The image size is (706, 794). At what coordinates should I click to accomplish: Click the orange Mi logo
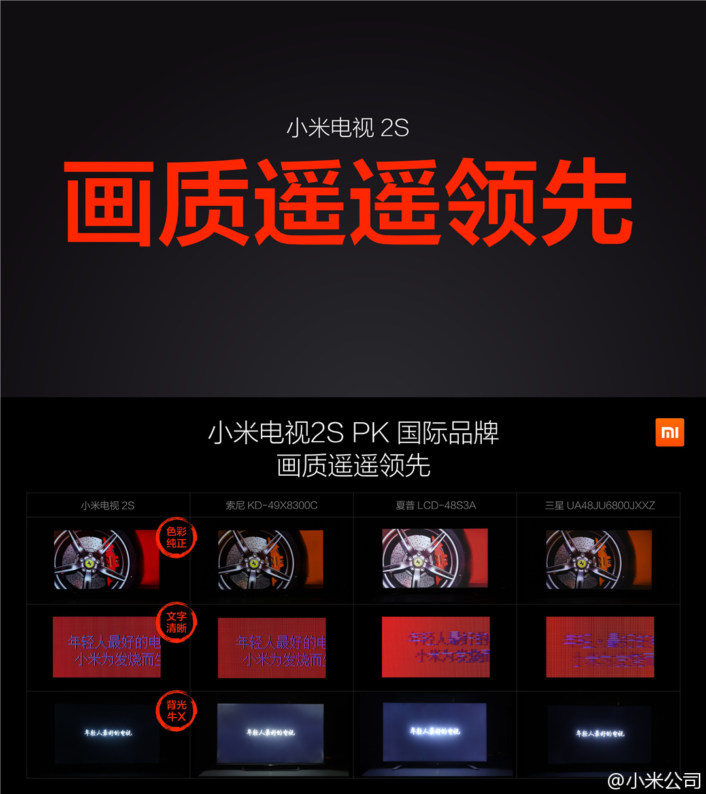669,433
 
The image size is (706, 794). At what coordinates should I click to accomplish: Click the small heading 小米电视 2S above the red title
347,127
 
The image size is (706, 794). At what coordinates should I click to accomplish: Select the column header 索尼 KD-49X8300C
271,505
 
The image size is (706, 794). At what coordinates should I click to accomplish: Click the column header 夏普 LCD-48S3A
435,505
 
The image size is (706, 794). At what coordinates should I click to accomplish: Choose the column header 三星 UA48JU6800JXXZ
599,505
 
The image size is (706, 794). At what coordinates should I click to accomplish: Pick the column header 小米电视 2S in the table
107,505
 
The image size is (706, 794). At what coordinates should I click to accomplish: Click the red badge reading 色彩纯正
176,537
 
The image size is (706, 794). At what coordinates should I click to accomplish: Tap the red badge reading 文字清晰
176,622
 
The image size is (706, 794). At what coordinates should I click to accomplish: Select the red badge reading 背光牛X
176,710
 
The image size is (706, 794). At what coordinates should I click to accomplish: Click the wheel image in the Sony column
271,560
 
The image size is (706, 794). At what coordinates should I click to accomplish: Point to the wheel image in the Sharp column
435,559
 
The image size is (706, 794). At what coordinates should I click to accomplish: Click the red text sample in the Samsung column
599,647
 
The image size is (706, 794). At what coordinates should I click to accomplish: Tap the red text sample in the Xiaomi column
107,647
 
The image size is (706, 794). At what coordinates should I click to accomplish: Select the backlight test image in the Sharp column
435,732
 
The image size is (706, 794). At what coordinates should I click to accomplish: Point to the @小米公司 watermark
654,780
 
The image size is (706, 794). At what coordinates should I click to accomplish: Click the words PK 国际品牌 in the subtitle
426,433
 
